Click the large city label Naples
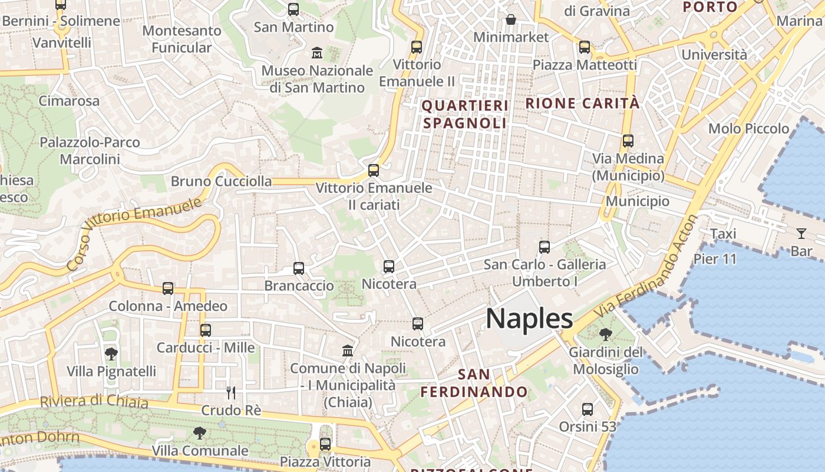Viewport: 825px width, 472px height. (x=529, y=319)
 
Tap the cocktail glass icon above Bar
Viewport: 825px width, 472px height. (x=801, y=233)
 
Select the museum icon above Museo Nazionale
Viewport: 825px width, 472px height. (x=317, y=53)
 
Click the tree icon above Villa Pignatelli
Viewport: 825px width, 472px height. (x=111, y=354)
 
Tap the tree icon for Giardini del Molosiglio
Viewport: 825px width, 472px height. (x=605, y=335)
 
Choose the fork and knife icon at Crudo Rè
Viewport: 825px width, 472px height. (x=231, y=392)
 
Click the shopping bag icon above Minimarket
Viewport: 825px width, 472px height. (x=511, y=19)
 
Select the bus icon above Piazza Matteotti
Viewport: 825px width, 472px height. (x=585, y=47)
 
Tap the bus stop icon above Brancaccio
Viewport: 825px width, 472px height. (x=299, y=268)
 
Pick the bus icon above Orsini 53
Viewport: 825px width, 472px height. (x=588, y=409)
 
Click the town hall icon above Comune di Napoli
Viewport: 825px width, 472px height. (x=348, y=350)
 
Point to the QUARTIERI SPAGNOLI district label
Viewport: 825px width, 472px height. (x=465, y=114)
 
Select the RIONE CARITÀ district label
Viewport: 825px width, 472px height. (x=582, y=103)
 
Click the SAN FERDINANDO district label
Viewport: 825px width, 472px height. (x=474, y=383)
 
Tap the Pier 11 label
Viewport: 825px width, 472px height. (x=715, y=259)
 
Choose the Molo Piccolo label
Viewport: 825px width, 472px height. (x=748, y=129)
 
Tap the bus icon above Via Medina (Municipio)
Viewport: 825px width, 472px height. (x=628, y=141)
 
